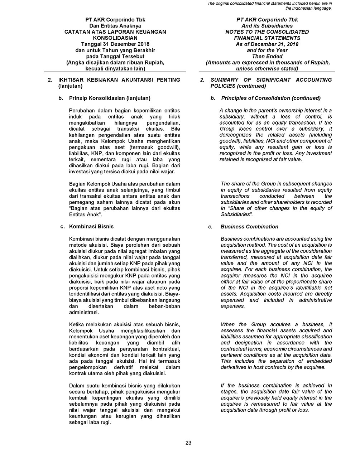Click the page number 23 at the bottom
tap(188, 443)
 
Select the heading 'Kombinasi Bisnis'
tap(91, 227)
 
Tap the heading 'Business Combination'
tap(249, 227)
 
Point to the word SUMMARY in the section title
tap(225, 80)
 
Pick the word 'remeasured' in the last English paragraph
tap(265, 404)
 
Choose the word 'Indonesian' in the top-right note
tap(305, 8)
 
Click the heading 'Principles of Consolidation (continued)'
tap(271, 98)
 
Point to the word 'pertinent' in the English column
tap(231, 355)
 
